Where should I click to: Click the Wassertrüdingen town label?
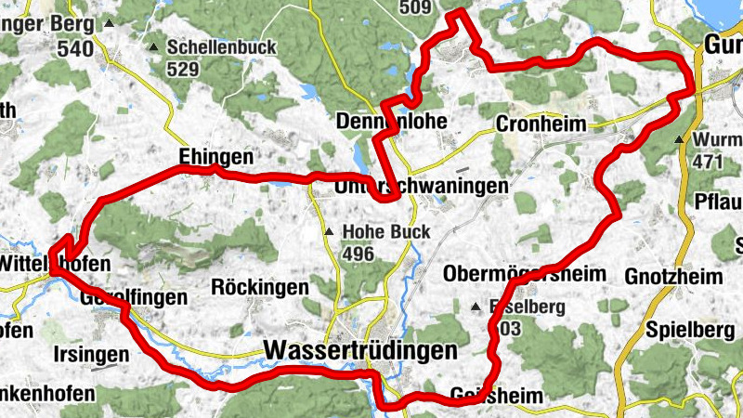pyautogui.click(x=360, y=350)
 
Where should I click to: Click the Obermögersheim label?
pyautogui.click(x=524, y=274)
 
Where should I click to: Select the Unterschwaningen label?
pyautogui.click(x=421, y=187)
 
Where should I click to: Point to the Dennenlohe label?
pyautogui.click(x=392, y=121)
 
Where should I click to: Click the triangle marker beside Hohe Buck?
pyautogui.click(x=329, y=231)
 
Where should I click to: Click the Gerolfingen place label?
pyautogui.click(x=134, y=297)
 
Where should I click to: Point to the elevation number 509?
pyautogui.click(x=416, y=8)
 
